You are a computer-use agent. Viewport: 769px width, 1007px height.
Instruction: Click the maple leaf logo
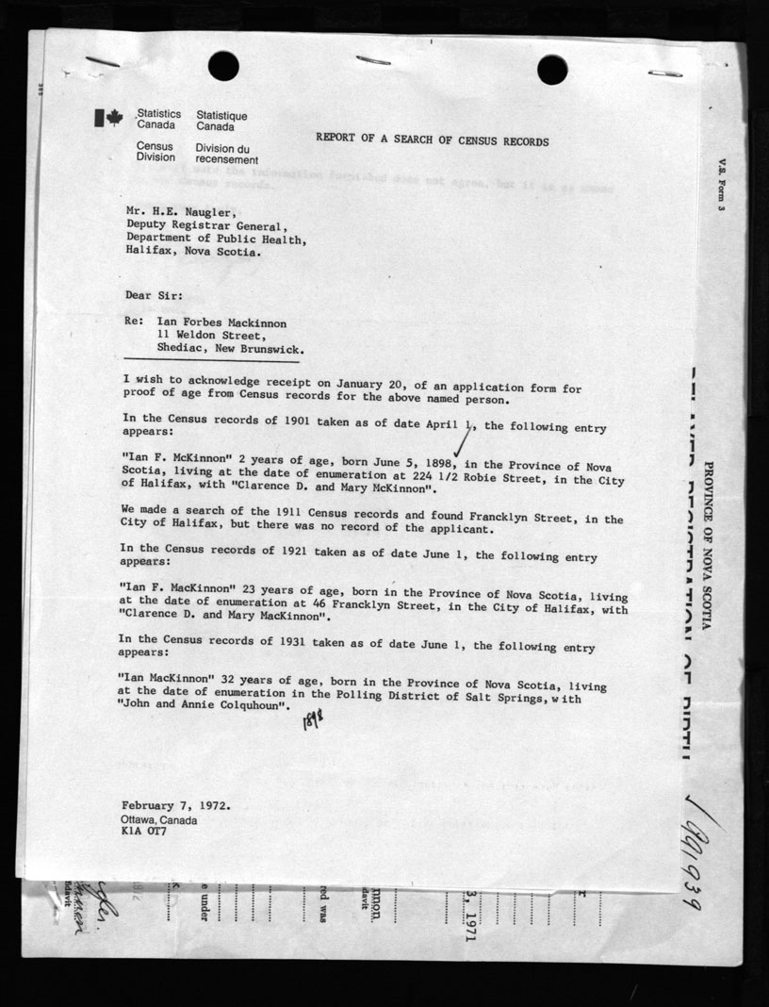point(108,118)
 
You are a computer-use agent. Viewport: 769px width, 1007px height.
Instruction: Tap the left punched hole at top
point(223,66)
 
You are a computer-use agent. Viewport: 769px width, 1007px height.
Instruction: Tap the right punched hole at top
point(552,69)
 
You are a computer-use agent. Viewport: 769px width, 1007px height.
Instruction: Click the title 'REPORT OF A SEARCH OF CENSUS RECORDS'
point(432,140)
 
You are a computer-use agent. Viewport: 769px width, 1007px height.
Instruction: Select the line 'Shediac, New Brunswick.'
point(231,348)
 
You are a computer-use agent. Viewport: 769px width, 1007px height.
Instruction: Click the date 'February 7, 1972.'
point(175,806)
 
